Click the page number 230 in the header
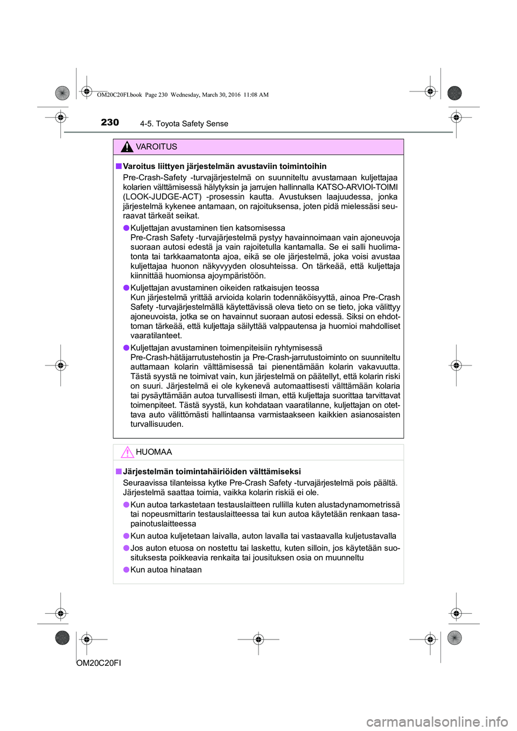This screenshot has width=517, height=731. pyautogui.click(x=110, y=123)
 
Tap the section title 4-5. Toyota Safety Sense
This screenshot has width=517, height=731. pyautogui.click(x=184, y=124)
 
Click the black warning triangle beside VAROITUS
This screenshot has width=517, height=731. pyautogui.click(x=127, y=146)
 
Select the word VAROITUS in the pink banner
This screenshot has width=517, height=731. pyautogui.click(x=156, y=147)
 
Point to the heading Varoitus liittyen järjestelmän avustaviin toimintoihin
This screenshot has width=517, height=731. pyautogui.click(x=225, y=166)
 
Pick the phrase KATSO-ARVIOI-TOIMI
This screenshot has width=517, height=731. pyautogui.click(x=357, y=187)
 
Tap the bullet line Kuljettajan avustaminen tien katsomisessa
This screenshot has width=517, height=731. pyautogui.click(x=208, y=228)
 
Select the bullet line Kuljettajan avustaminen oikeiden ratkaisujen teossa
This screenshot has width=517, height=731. pyautogui.click(x=225, y=288)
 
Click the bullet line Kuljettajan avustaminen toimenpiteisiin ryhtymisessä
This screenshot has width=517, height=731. pyautogui.click(x=226, y=348)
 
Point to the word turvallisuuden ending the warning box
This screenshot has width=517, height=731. pyautogui.click(x=157, y=424)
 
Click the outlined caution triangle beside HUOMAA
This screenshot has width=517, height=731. pyautogui.click(x=127, y=452)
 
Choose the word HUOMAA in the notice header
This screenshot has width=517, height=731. pyautogui.click(x=154, y=452)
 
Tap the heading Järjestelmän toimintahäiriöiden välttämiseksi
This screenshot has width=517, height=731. pyautogui.click(x=212, y=472)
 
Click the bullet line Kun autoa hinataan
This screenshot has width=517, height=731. pyautogui.click(x=166, y=570)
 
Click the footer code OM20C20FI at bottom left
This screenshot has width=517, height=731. pyautogui.click(x=99, y=663)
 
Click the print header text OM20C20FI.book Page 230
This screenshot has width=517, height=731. pyautogui.click(x=133, y=95)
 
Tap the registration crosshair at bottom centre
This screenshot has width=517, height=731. pyautogui.click(x=258, y=639)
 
